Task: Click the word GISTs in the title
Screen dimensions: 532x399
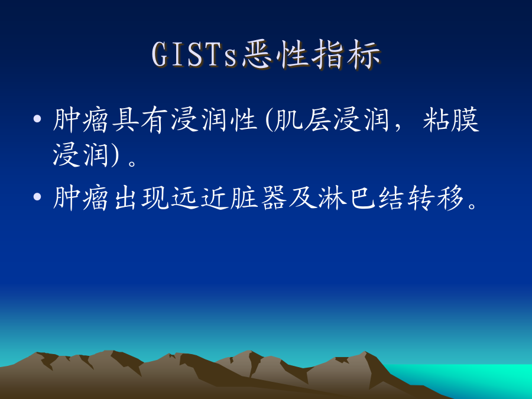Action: point(194,54)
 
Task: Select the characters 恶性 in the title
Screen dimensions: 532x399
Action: point(275,54)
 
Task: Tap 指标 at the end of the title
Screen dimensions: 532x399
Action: point(345,54)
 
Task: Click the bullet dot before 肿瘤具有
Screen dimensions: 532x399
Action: point(37,119)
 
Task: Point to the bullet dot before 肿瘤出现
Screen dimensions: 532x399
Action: point(37,196)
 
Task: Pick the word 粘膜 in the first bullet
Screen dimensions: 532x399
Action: point(451,120)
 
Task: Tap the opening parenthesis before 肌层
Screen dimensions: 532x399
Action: point(269,120)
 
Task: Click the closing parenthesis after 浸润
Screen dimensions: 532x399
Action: point(114,154)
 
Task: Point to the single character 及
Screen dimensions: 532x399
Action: point(302,197)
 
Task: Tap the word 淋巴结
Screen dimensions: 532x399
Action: point(361,197)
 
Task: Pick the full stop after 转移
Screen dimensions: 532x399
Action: point(472,205)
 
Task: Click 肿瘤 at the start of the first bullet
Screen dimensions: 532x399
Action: point(80,120)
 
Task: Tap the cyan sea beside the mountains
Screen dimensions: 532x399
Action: point(475,378)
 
